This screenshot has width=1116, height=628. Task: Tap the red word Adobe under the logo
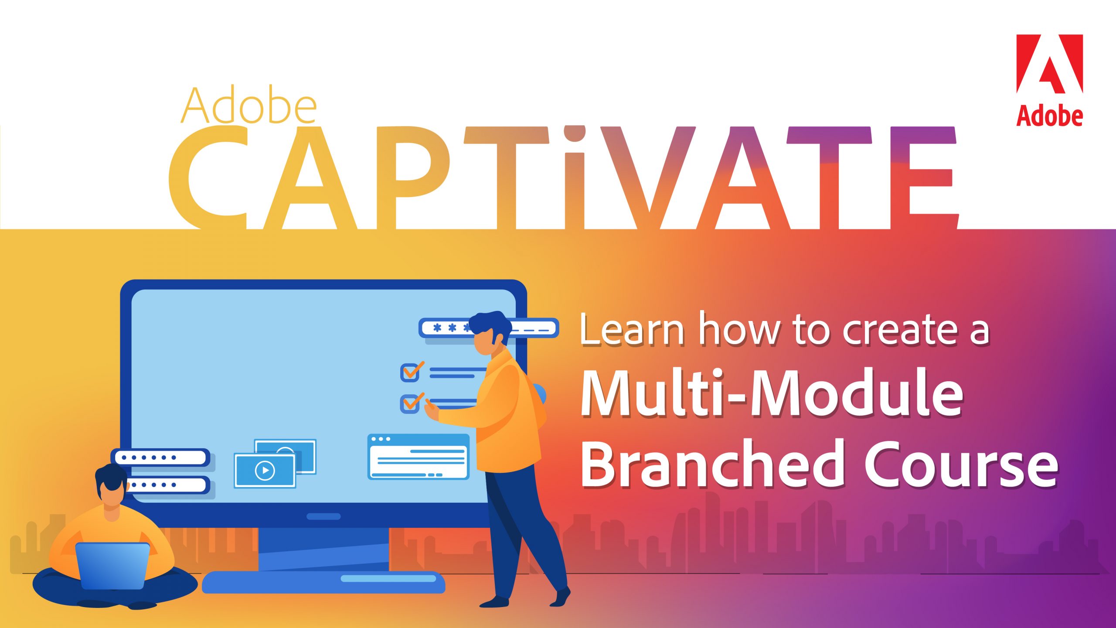tap(1050, 116)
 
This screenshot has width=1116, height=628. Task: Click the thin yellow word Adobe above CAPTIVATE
tap(248, 106)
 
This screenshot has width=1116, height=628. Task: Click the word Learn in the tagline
tap(632, 330)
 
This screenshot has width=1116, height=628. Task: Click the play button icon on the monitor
tap(265, 470)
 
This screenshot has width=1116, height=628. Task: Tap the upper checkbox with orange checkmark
tap(410, 372)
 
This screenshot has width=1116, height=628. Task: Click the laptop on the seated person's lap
tap(112, 566)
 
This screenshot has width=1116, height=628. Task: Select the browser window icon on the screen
tap(418, 457)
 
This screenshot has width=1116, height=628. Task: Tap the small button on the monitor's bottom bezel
tap(323, 516)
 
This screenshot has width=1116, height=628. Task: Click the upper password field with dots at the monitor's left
tap(160, 457)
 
